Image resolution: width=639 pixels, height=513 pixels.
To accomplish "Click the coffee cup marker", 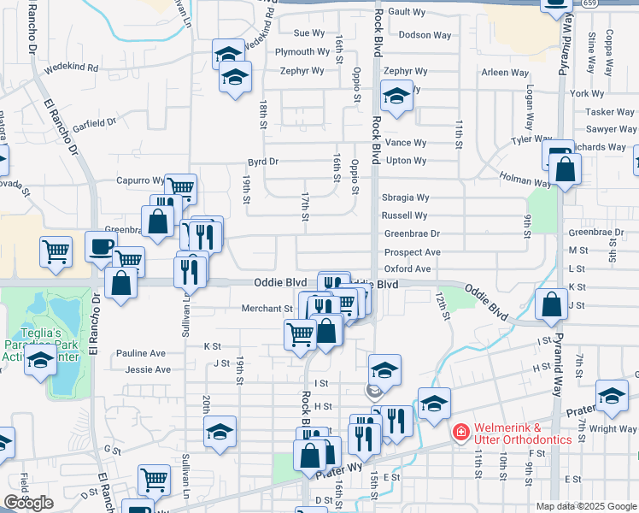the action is pyautogui.click(x=101, y=246).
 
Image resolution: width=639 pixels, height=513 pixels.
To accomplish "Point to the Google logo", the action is pyautogui.click(x=28, y=502).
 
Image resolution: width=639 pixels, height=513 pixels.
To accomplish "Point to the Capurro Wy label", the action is pyautogui.click(x=140, y=180).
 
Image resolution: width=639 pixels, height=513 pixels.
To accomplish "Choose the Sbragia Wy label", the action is pyautogui.click(x=405, y=198).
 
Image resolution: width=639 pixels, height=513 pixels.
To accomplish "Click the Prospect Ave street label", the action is pyautogui.click(x=412, y=252).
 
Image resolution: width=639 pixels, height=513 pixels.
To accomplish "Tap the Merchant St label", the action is pyautogui.click(x=267, y=308).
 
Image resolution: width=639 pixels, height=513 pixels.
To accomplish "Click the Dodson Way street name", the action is pyautogui.click(x=425, y=35).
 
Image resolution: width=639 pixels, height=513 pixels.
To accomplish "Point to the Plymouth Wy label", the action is pyautogui.click(x=302, y=52).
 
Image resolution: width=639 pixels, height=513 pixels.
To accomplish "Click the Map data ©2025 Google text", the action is pyautogui.click(x=586, y=506).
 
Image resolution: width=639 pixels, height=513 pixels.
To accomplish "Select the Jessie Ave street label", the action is pyautogui.click(x=148, y=369).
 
